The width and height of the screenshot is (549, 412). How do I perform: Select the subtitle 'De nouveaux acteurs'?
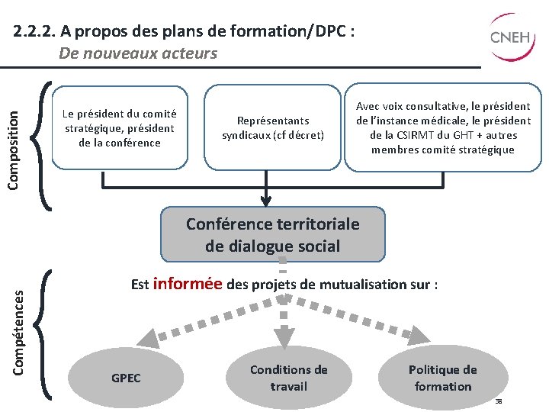coord(138,53)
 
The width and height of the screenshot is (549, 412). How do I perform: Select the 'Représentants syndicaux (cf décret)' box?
coord(273,127)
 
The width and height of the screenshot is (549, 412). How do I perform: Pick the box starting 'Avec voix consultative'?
coord(442,127)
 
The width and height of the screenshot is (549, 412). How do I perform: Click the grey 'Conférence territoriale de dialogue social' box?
coord(273,235)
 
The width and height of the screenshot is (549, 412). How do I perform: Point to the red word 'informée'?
coord(188,284)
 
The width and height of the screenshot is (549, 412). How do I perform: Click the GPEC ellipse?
coord(126,378)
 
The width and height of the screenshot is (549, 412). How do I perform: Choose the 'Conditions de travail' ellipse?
coord(288,378)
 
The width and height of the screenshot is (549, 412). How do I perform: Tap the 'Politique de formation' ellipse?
coord(442,378)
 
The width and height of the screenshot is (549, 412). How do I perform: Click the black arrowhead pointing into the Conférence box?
coord(265,201)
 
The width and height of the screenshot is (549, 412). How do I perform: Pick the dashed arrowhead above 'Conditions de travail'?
coord(283,337)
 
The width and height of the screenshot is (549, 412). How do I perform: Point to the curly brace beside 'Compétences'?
coord(44,333)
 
